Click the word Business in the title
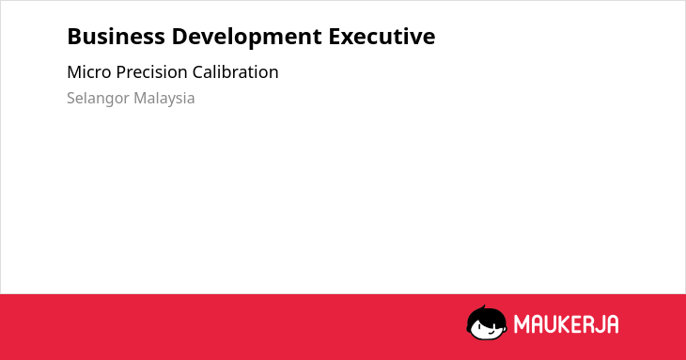116,37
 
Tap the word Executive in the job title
382,37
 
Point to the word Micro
89,72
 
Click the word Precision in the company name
152,72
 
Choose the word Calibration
235,72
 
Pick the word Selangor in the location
98,99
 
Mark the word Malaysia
164,99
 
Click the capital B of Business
74,37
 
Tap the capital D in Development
179,37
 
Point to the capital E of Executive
335,37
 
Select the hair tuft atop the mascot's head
483,307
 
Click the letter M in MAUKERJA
521,324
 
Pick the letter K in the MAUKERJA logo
563,324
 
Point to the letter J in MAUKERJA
599,324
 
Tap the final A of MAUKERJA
613,324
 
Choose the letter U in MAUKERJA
550,324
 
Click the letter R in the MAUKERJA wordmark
587,324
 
